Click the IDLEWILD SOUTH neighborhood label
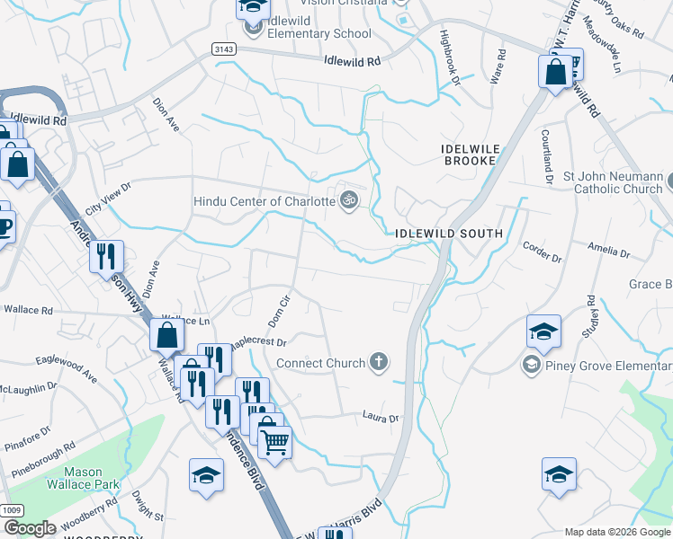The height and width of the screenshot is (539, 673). pos(448,234)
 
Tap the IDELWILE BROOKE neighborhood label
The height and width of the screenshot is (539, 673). pos(470,154)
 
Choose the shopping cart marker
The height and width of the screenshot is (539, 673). pos(274,441)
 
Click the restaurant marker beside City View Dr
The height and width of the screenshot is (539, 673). pos(106,257)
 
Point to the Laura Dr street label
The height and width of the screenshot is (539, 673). pos(380,418)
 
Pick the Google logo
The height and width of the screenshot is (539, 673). pos(29,528)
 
